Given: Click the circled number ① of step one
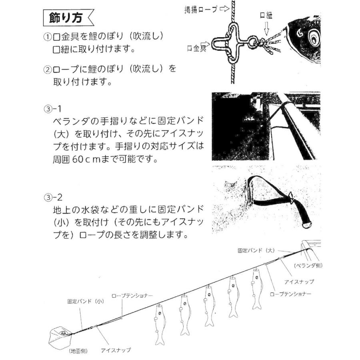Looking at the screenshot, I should coord(48,37).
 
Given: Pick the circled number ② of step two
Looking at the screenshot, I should coord(48,69).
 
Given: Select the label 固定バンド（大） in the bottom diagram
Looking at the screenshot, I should coord(255,250).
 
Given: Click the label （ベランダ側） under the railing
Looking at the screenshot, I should coord(308,265).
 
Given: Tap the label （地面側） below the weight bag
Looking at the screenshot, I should coord(76,351).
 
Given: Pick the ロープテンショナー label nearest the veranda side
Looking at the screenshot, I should coord(291,294).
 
